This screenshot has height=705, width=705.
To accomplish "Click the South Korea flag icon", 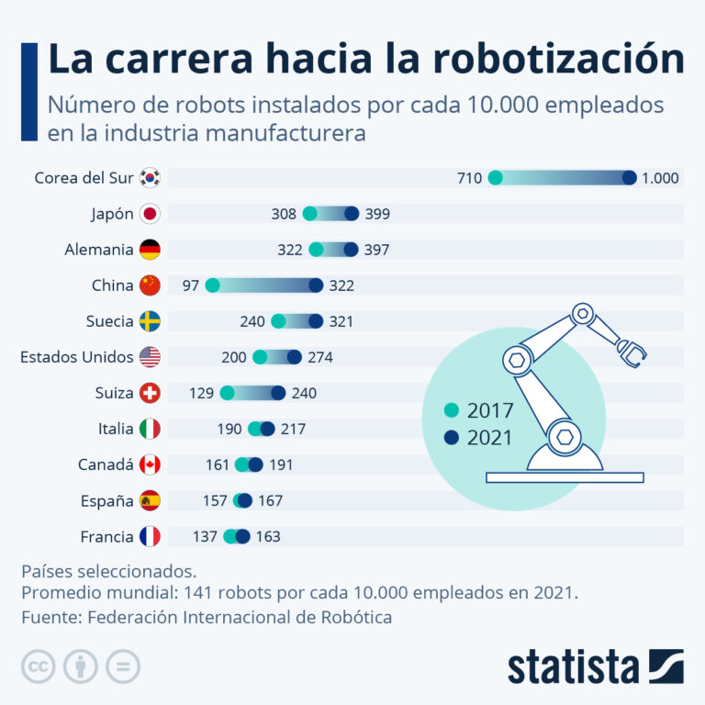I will click(x=150, y=178).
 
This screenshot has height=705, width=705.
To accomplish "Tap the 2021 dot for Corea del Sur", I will click(x=629, y=178).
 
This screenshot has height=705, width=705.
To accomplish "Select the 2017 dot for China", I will click(x=213, y=285).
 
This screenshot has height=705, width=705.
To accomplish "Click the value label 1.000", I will click(x=660, y=178).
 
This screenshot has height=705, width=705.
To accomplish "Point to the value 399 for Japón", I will click(x=377, y=214).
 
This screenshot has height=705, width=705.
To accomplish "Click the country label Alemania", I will click(x=98, y=250).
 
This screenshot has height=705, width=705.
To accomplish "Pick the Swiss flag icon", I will click(x=150, y=393).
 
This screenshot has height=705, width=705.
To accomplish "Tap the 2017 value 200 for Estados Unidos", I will click(x=234, y=357).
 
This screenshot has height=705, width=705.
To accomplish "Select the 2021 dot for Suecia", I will click(x=316, y=321).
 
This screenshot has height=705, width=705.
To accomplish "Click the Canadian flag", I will click(x=150, y=464).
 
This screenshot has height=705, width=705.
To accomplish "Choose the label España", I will click(x=106, y=500).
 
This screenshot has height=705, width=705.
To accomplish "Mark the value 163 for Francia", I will click(x=267, y=536).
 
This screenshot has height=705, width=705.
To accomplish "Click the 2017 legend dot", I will click(x=450, y=410).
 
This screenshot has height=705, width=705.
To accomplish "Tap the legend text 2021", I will click(x=490, y=438).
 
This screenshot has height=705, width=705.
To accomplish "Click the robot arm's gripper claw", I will click(x=632, y=350).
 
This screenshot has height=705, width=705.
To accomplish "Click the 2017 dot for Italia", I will click(x=255, y=429).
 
